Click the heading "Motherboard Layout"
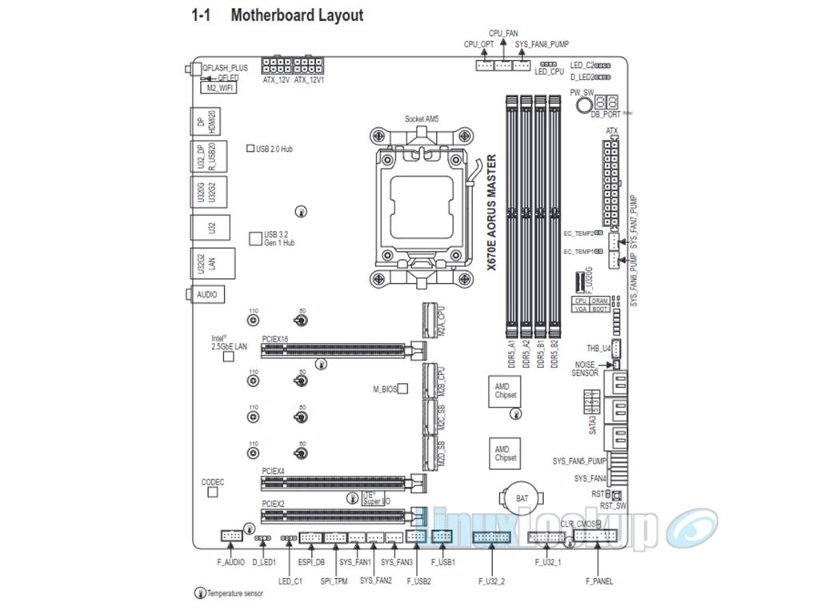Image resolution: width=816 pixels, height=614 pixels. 296,15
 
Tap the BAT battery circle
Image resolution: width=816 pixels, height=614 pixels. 522,498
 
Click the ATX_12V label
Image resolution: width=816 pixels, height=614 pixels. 276,81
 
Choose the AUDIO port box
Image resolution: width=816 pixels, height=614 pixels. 206,294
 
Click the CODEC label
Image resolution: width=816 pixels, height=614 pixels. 213,482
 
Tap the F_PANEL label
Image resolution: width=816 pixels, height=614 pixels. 599,581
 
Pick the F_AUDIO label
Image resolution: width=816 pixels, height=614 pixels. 231,562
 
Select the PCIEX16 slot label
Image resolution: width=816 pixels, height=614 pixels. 274,339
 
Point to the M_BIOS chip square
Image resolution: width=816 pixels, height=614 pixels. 403,389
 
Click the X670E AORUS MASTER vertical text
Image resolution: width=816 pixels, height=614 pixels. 493,215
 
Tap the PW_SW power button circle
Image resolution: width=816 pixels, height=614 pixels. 585,105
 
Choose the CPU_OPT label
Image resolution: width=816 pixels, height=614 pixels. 478,45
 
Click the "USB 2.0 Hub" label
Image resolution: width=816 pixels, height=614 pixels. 274,149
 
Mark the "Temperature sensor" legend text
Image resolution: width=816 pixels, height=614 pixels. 235,593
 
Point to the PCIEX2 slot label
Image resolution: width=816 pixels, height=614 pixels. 273,504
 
